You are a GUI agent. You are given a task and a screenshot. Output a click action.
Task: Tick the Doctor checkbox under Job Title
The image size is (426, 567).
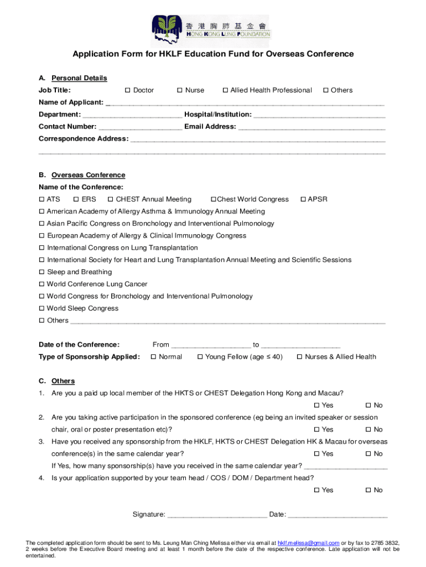[x=128, y=90]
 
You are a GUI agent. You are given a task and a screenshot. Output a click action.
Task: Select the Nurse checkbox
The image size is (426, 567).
[x=180, y=90]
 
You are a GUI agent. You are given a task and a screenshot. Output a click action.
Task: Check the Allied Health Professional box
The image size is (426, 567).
[x=225, y=90]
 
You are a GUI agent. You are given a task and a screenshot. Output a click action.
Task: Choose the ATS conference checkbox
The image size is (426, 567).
[x=41, y=199]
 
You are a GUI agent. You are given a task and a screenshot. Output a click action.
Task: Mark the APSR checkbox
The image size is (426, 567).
[x=303, y=199]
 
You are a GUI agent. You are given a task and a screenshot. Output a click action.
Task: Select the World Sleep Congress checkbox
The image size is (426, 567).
[x=41, y=308]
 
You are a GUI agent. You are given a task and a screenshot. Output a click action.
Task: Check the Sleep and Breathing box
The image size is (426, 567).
[x=41, y=272]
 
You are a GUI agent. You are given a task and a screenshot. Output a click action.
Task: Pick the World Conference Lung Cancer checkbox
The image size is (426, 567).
[x=41, y=285]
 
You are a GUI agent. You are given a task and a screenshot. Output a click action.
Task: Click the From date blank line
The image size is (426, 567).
[x=211, y=346]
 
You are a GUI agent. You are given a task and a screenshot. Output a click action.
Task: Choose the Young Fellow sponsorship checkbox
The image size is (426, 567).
[x=200, y=357]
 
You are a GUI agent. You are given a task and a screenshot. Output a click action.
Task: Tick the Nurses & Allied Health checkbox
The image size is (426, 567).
[x=300, y=357]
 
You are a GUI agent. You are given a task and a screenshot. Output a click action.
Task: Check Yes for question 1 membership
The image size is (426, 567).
[x=316, y=406]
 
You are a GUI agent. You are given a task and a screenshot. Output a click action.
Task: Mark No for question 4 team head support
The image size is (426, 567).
[x=368, y=491]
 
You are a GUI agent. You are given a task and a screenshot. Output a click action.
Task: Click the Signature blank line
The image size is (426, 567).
[x=217, y=516]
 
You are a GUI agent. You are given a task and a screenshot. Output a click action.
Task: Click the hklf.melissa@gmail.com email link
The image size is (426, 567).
[x=308, y=543]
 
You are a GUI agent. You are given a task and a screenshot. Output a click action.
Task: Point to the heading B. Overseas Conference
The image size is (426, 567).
[x=88, y=175]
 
